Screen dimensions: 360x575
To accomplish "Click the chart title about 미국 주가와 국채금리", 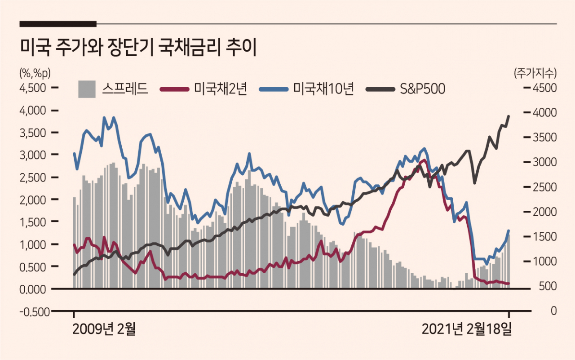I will click(x=138, y=48).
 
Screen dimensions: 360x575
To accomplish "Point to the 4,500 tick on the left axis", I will click(x=33, y=88).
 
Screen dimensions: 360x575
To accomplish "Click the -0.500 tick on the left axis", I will click(x=32, y=311).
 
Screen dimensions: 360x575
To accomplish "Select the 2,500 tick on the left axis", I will click(x=33, y=177).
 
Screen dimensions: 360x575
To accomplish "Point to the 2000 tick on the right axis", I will click(x=545, y=212).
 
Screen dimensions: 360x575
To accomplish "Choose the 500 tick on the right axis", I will click(x=547, y=286).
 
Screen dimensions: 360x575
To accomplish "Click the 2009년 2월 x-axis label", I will click(x=104, y=330).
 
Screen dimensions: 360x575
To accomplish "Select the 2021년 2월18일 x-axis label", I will click(x=467, y=330).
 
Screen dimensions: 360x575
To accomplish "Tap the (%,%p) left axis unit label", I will click(x=34, y=72).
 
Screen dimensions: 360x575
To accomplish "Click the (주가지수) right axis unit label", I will click(x=535, y=72).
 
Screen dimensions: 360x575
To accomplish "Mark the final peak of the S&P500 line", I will click(x=509, y=116).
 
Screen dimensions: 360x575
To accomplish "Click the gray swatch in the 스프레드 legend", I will click(x=87, y=89).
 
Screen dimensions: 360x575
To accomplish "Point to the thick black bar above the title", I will click(x=58, y=23).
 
